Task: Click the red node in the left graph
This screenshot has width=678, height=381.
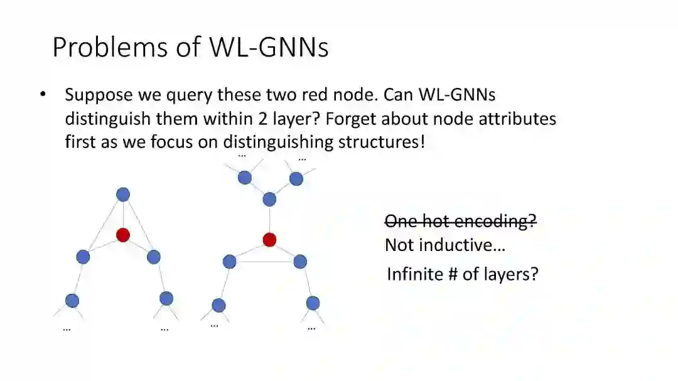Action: [x=123, y=235]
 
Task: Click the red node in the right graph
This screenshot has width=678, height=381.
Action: [x=269, y=239]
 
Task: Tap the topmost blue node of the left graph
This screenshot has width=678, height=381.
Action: [x=123, y=195]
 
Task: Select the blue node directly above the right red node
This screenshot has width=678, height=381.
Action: [x=269, y=200]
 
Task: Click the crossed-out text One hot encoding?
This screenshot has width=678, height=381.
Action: [x=461, y=221]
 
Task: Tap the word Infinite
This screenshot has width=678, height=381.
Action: [x=415, y=274]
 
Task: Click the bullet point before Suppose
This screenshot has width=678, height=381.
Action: [x=43, y=95]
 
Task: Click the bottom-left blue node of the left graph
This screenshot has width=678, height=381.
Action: [x=72, y=301]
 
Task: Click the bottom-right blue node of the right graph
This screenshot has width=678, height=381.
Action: [x=313, y=303]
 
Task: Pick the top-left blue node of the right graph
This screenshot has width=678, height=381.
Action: [x=245, y=178]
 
